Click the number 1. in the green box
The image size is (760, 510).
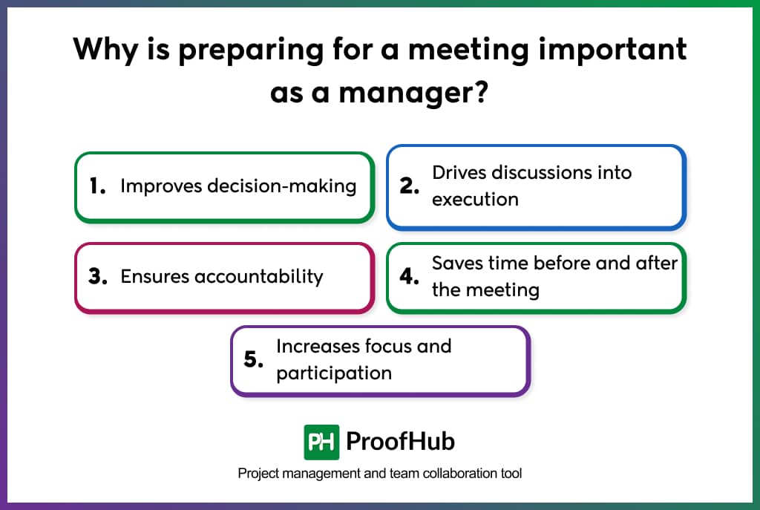[97, 186]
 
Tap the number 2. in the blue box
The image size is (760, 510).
[410, 186]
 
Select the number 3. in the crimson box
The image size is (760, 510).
[98, 277]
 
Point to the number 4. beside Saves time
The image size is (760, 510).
[410, 277]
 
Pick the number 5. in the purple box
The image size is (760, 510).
[254, 360]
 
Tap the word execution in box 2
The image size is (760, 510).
[475, 199]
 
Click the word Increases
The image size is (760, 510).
[318, 346]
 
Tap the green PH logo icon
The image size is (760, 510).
[321, 442]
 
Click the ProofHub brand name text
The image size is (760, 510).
[401, 442]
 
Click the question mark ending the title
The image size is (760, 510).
[480, 94]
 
